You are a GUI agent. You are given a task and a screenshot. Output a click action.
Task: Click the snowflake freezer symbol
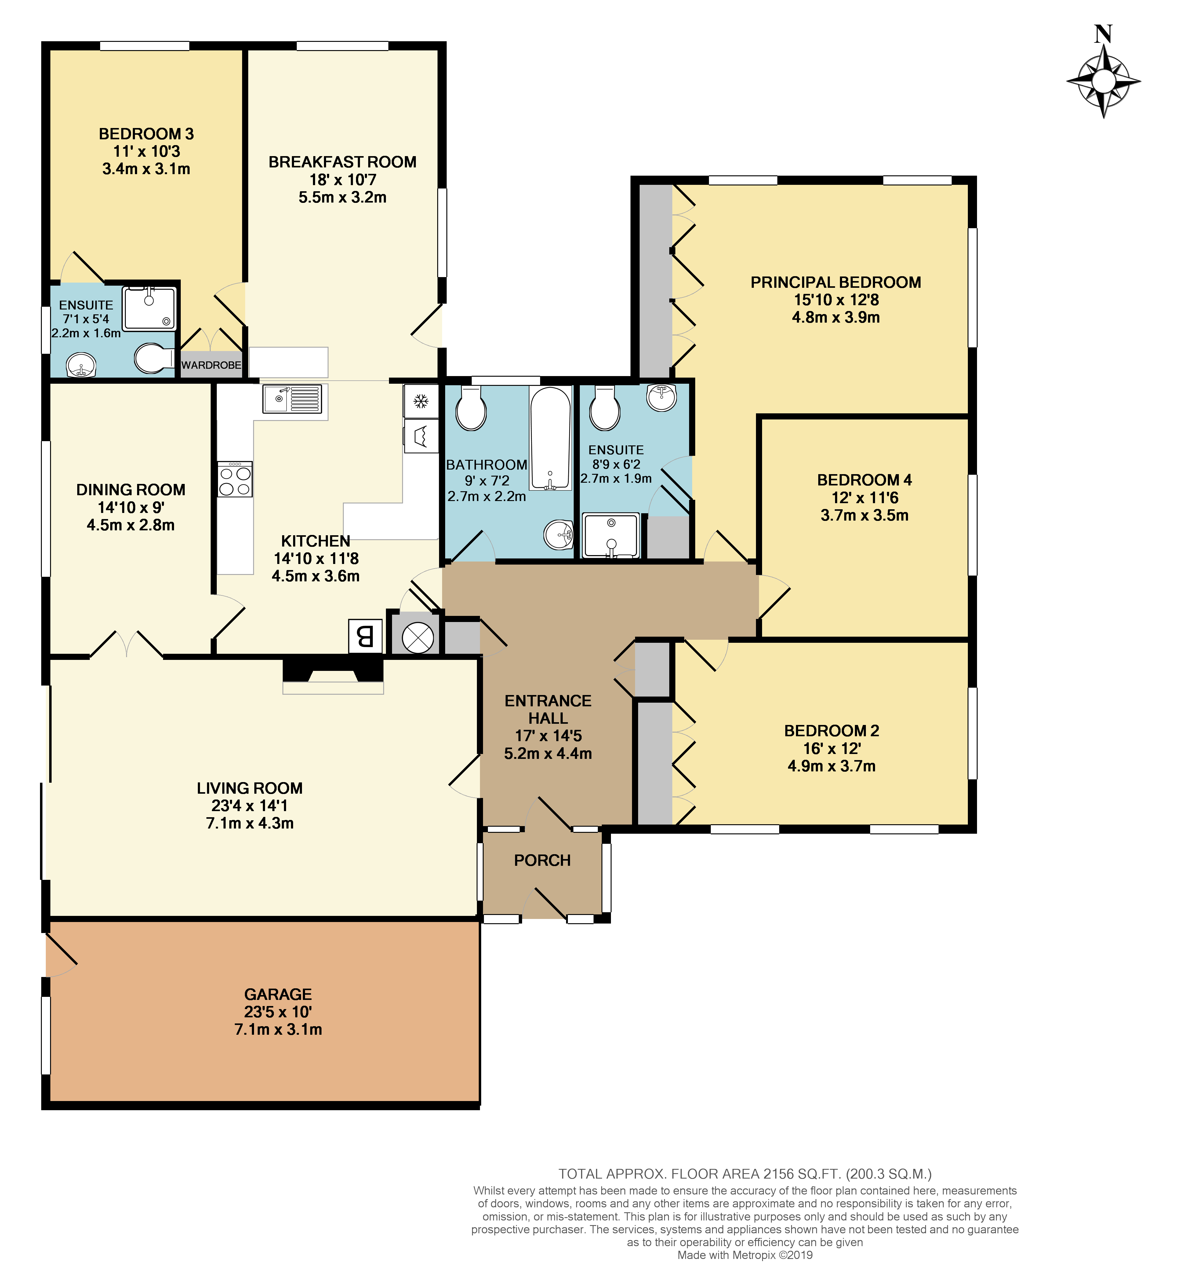421,401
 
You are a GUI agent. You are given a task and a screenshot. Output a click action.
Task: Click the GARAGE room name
278,994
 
